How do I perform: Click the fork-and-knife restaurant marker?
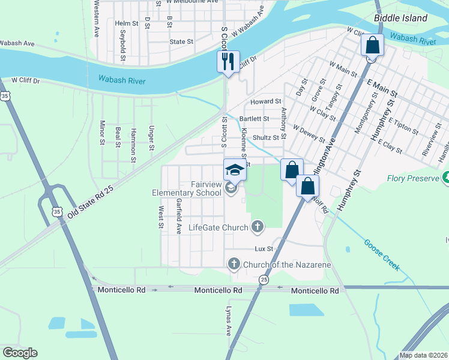(x=228, y=61)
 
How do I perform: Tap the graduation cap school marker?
(x=235, y=170)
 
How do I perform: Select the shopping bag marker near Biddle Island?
(x=372, y=46)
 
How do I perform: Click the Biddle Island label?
(x=400, y=18)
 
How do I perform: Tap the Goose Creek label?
(x=381, y=253)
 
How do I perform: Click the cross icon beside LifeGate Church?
(x=257, y=227)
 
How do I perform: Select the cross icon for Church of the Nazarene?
(x=234, y=264)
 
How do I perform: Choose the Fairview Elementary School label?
(x=190, y=188)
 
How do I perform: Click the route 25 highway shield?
(x=264, y=280)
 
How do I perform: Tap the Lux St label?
(x=264, y=248)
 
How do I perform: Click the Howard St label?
(x=266, y=102)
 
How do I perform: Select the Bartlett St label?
(x=254, y=119)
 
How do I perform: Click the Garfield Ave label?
(x=178, y=216)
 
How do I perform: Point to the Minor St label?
(x=102, y=133)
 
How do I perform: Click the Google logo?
(x=20, y=353)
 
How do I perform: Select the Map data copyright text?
(x=423, y=355)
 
